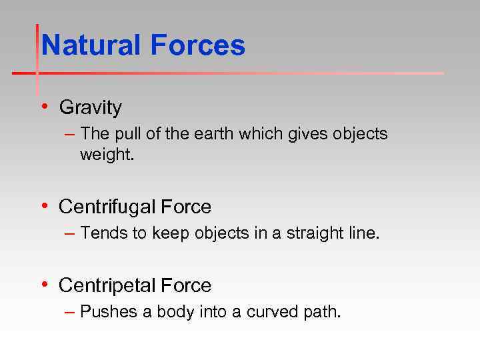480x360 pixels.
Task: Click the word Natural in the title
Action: [91, 46]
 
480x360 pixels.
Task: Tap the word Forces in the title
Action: [197, 46]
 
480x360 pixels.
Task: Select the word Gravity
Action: [91, 107]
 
